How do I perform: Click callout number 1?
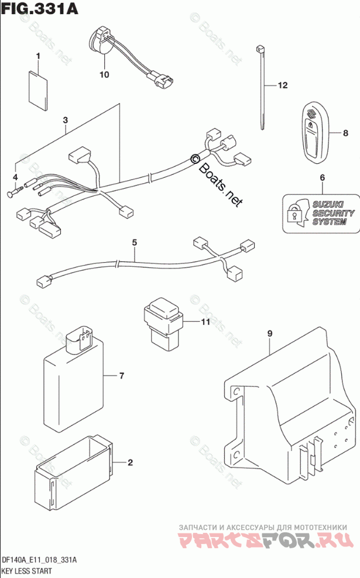tap(39, 57)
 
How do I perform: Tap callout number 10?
tap(104, 74)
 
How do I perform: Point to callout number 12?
tap(283, 86)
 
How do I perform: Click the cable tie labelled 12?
tap(260, 88)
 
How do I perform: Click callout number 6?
tap(321, 177)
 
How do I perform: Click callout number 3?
tap(66, 121)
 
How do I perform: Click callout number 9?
tap(270, 333)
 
